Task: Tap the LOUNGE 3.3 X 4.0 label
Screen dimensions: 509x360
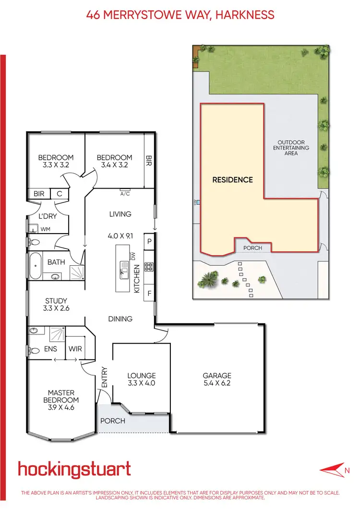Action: pos(142,379)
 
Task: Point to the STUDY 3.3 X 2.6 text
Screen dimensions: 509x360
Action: pos(56,305)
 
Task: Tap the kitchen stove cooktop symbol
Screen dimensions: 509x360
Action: pos(149,268)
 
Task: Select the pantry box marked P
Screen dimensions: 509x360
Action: pos(149,241)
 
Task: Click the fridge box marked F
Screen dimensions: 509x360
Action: pos(149,293)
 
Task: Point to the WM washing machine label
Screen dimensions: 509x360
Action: pos(45,229)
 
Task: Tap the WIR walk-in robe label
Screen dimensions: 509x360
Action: pos(74,349)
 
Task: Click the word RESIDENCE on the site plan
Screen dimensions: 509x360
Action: pos(232,180)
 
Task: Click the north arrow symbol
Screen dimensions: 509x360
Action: pos(332,468)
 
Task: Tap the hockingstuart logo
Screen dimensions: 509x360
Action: pos(74,469)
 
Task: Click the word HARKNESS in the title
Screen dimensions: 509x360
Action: pos(244,15)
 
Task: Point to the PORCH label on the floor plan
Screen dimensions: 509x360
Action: pos(112,421)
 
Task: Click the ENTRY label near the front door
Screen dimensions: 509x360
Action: pos(105,378)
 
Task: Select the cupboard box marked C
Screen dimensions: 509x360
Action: pos(60,194)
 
